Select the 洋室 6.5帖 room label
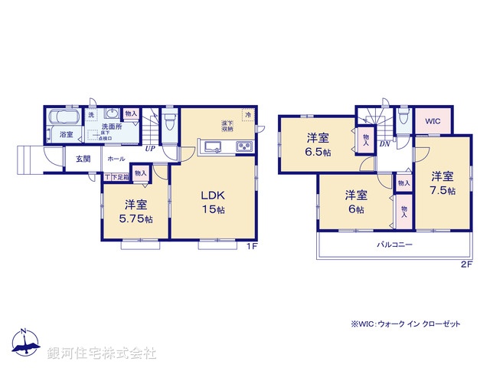(318, 144)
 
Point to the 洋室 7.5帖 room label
(443, 182)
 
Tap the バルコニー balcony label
(394, 245)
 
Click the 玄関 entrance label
(83, 159)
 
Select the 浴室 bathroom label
(67, 135)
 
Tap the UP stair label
(149, 149)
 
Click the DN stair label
(384, 143)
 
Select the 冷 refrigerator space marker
(248, 115)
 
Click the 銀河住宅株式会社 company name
(101, 353)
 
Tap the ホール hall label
(116, 159)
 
